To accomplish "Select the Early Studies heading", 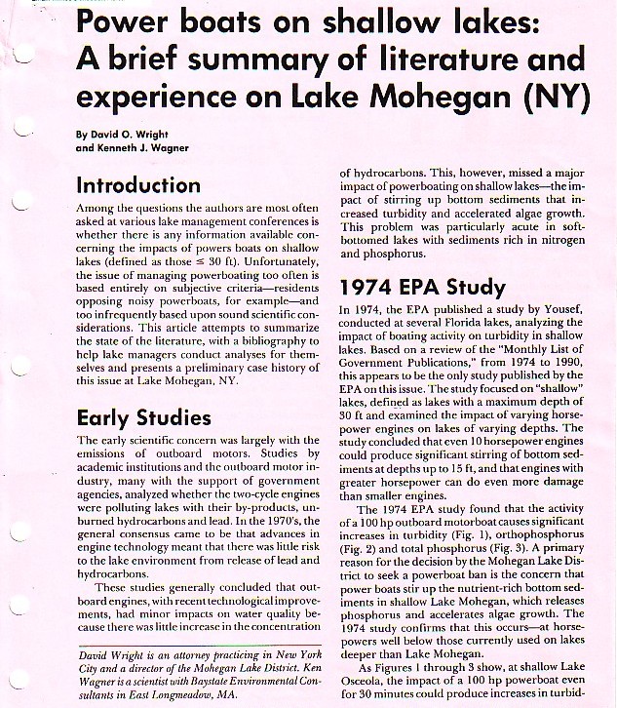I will click(143, 418).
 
